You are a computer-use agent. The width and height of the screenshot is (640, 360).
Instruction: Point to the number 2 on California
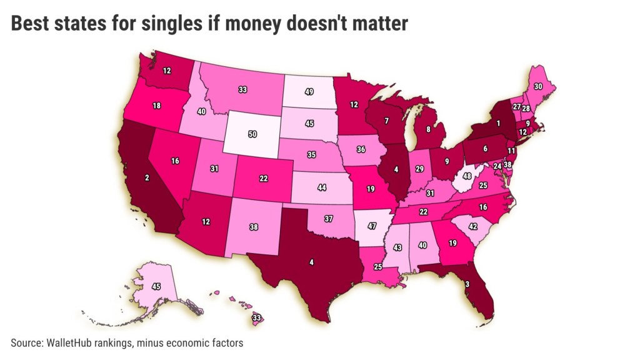pos(146,178)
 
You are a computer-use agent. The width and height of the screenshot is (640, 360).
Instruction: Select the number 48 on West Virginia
pos(466,176)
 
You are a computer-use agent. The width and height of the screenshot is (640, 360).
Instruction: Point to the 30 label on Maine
pos(537,86)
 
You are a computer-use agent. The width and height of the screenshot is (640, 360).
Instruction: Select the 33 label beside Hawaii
pos(256,317)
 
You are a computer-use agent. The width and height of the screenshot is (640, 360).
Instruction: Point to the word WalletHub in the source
pos(68,343)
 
